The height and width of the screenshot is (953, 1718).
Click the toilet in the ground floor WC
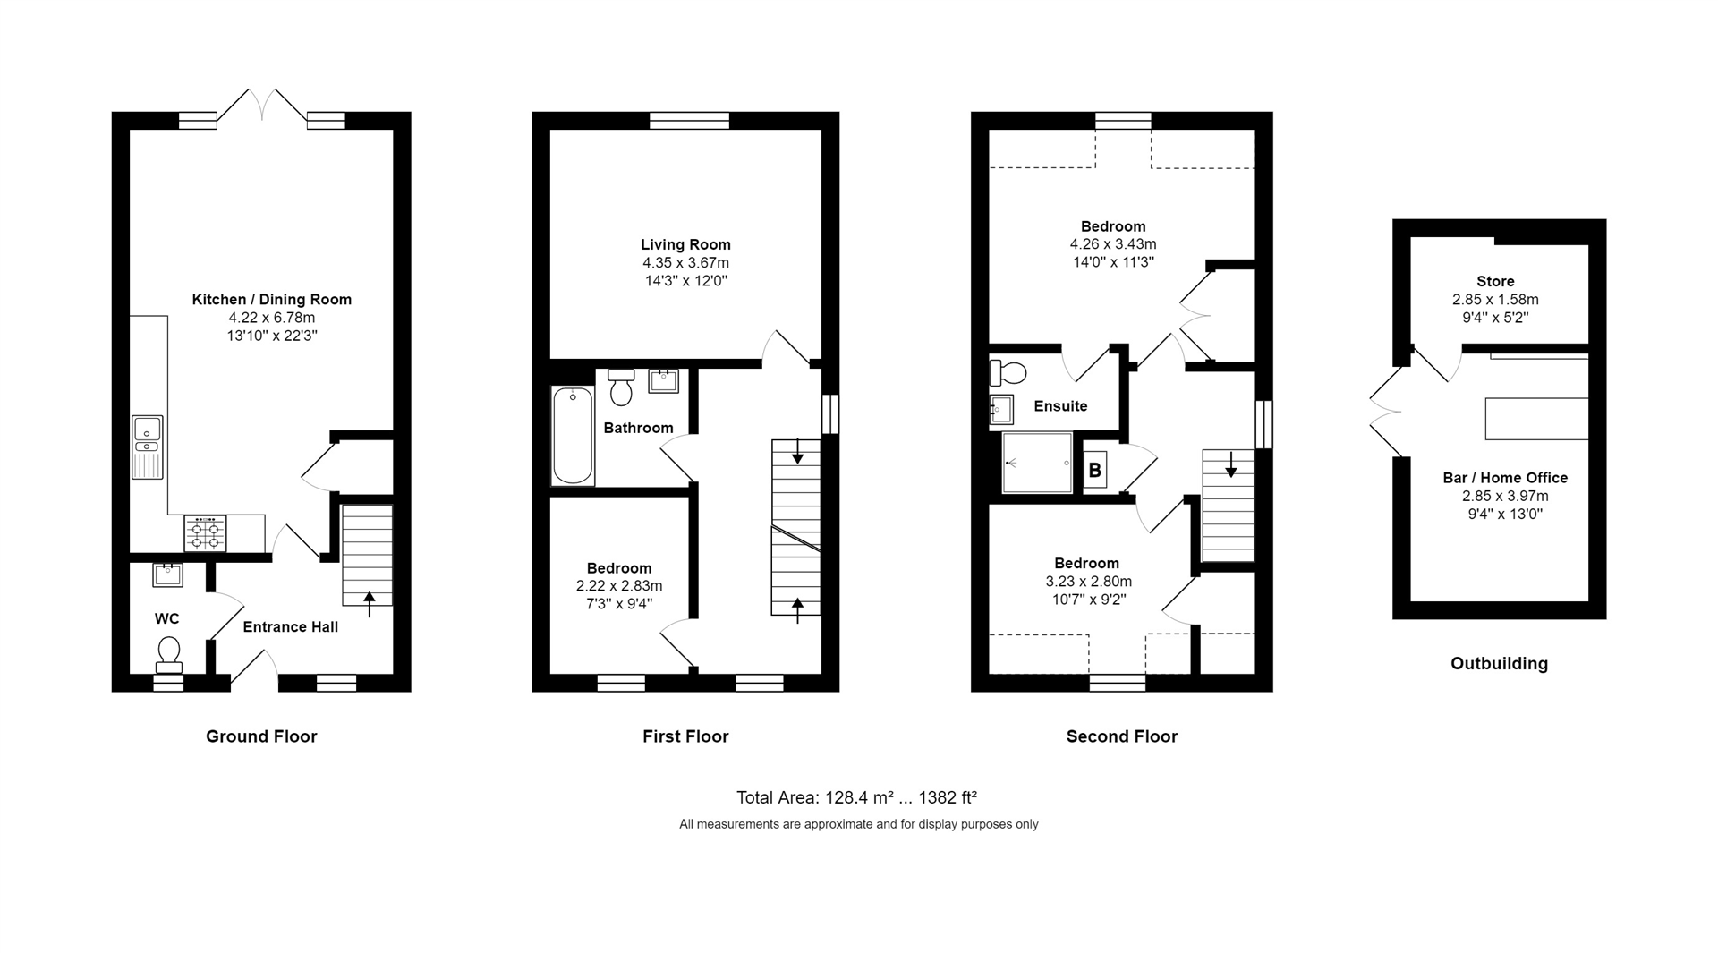[x=168, y=655]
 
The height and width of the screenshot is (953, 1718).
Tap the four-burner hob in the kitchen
[x=205, y=534]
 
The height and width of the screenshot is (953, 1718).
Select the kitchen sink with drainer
[x=147, y=447]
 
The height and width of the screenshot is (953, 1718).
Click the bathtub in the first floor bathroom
[x=572, y=436]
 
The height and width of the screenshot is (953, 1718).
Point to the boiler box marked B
[x=1094, y=470]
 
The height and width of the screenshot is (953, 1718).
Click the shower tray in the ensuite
[x=1036, y=463]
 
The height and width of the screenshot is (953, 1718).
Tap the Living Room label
[x=685, y=244]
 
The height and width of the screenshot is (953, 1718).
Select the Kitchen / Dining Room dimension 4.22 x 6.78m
[x=271, y=318]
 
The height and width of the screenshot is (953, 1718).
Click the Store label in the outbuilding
[x=1495, y=281]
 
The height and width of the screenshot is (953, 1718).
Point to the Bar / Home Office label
[x=1505, y=478]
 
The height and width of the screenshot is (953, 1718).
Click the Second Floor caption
[x=1121, y=736]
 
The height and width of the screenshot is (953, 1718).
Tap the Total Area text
[x=856, y=797]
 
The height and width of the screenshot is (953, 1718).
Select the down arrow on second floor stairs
[x=1231, y=464]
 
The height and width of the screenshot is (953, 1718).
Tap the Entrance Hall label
[x=290, y=627]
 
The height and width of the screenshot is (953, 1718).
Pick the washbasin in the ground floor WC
[x=167, y=574]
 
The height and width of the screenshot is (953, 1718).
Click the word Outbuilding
[x=1499, y=664]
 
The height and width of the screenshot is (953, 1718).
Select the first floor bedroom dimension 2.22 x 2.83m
[x=618, y=586]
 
